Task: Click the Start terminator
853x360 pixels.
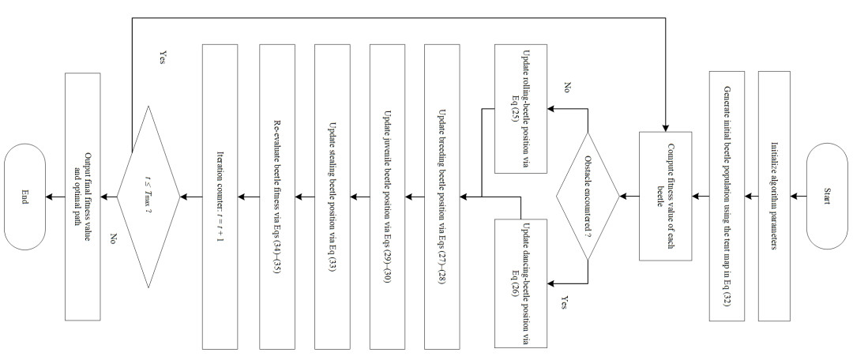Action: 826,197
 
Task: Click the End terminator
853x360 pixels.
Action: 24,197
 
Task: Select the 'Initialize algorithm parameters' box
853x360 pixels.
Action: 774,197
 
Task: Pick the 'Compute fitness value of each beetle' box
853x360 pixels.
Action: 665,197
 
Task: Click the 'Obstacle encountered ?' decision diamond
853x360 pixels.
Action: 588,197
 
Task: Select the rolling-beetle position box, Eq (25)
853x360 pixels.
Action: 520,109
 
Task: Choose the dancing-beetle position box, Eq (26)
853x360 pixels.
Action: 520,283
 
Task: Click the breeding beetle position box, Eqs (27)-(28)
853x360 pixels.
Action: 442,197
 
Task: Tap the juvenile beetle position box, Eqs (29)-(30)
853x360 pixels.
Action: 387,197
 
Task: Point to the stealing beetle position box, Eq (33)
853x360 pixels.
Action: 332,197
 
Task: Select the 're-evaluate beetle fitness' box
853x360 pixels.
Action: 277,197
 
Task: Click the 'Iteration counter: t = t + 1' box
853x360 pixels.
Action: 220,197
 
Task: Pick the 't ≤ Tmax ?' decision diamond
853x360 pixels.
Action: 148,197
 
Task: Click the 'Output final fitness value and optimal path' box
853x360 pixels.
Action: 82,197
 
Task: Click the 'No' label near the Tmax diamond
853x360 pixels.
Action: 114,238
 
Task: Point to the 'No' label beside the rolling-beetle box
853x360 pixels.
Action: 567,88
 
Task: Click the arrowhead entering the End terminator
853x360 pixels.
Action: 49,197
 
